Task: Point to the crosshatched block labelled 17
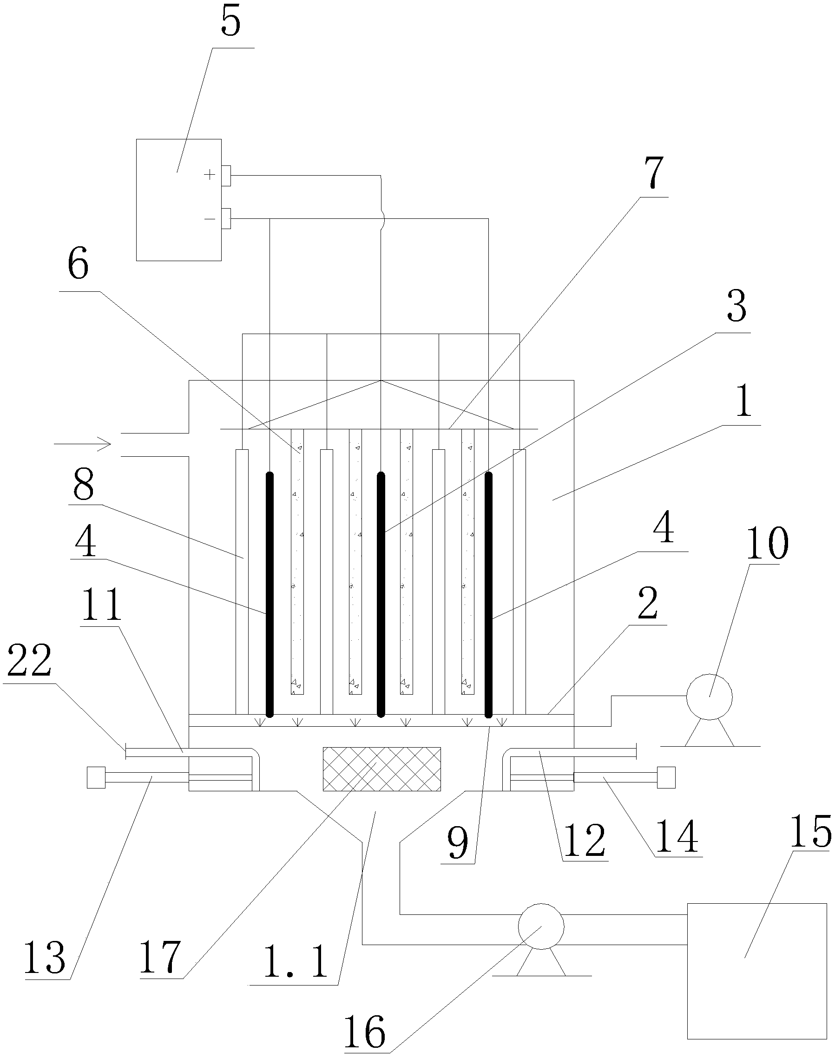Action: [x=381, y=769]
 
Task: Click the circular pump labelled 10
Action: [x=709, y=698]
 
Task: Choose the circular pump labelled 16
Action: [x=540, y=926]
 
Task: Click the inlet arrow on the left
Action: [x=83, y=444]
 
